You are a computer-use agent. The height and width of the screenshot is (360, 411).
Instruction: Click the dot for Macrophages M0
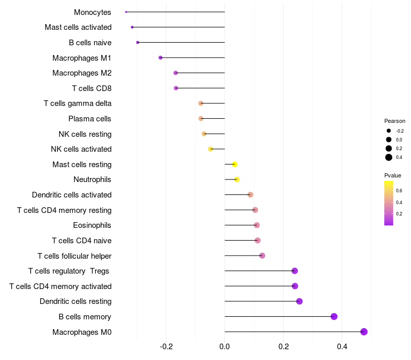pyautogui.click(x=364, y=332)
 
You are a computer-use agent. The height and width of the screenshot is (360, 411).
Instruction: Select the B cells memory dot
pyautogui.click(x=334, y=316)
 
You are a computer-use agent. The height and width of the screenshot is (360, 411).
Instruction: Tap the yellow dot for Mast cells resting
pyautogui.click(x=235, y=165)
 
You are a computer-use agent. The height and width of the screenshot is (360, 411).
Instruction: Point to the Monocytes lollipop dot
pyautogui.click(x=126, y=12)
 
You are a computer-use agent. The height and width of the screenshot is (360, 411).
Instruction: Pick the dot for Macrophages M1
pyautogui.click(x=160, y=58)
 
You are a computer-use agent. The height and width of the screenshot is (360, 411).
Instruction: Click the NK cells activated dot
pyautogui.click(x=211, y=149)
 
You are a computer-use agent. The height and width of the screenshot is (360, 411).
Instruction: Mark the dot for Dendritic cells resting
pyautogui.click(x=300, y=301)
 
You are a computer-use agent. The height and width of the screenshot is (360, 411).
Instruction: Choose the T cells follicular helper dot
pyautogui.click(x=262, y=256)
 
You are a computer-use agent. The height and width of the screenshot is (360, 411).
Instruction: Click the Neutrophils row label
pyautogui.click(x=92, y=179)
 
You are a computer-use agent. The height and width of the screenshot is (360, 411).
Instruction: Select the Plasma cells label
pyautogui.click(x=90, y=119)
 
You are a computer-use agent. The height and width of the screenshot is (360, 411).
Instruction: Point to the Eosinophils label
pyautogui.click(x=92, y=225)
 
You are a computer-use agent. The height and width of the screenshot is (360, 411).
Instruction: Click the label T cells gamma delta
pyautogui.click(x=78, y=103)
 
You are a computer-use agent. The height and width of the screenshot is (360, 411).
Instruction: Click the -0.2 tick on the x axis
pyautogui.click(x=166, y=347)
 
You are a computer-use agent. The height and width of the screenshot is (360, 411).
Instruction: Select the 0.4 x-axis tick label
pyautogui.click(x=342, y=347)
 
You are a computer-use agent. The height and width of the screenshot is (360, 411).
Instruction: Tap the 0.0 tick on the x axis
pyautogui.click(x=225, y=347)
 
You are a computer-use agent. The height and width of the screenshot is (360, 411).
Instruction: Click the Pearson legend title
pyautogui.click(x=395, y=121)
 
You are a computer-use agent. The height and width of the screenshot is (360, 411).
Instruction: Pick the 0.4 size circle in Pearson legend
pyautogui.click(x=389, y=157)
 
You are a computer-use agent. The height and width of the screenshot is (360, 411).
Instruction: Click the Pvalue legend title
pyautogui.click(x=393, y=175)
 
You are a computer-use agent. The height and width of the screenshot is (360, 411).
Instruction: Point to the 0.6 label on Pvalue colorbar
pyautogui.click(x=399, y=190)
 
